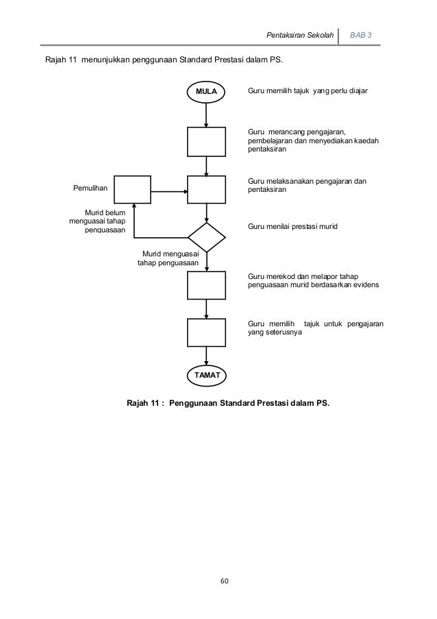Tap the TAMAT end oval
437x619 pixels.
(206, 376)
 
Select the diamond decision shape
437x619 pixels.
(206, 237)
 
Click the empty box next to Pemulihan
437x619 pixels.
(133, 189)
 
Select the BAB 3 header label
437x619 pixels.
(361, 34)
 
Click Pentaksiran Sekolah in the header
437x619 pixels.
(300, 34)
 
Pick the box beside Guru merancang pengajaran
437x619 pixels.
(206, 142)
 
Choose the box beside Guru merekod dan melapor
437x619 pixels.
(206, 286)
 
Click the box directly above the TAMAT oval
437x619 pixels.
(206, 333)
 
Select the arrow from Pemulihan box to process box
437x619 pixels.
(169, 189)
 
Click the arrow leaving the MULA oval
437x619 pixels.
(206, 114)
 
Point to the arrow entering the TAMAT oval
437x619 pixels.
(206, 357)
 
